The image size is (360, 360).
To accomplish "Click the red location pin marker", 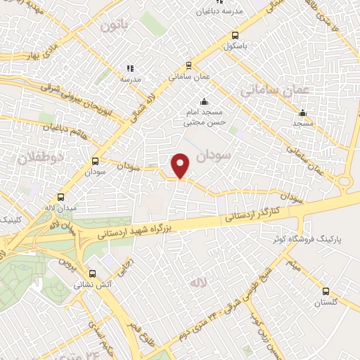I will coord(181,165).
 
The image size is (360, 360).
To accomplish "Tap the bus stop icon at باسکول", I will coord(234,35).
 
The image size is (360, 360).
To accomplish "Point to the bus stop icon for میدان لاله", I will coord(60,198).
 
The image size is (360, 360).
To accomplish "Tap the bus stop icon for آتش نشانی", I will coord(92,274).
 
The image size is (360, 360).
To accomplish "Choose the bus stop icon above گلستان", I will coord(325,290).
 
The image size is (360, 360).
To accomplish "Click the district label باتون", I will coord(116,26).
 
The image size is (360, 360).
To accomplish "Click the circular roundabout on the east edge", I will coord(345,182).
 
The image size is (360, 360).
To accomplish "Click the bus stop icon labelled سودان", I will coord(95,160).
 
